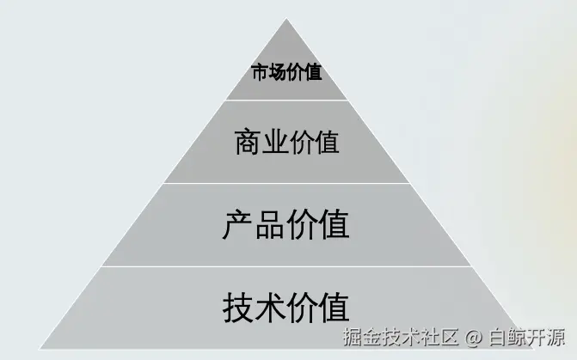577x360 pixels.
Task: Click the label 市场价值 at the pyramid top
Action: coord(286,73)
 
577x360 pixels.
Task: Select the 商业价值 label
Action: coord(286,142)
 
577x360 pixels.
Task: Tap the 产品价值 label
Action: coord(286,225)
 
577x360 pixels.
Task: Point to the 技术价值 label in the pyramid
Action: coord(286,306)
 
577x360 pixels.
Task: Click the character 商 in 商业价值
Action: coord(248,142)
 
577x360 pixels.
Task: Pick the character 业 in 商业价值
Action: coord(273,142)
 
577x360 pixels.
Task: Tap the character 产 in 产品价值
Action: coord(238,225)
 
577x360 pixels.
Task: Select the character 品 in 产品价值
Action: coord(270,225)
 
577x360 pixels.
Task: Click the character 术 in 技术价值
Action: coord(270,306)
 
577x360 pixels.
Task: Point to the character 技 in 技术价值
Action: coord(238,306)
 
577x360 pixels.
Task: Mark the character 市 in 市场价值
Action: coord(260,73)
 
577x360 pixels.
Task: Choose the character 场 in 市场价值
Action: coord(277,73)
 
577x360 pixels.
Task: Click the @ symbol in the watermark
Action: coord(472,334)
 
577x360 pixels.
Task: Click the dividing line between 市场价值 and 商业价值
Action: coord(286,101)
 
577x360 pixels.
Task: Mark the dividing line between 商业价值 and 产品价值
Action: coord(286,183)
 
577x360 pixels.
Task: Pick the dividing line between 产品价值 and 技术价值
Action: coord(286,266)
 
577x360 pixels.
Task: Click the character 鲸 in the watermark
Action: coord(517,334)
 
